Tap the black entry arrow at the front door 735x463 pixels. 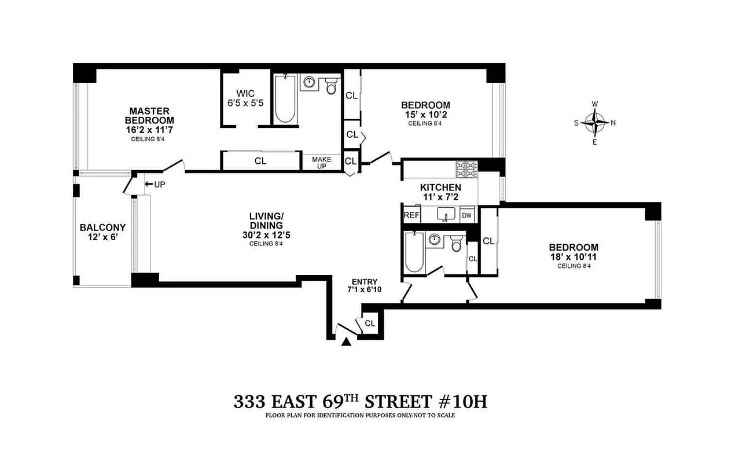tap(346, 343)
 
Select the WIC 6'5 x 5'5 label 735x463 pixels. tap(245, 98)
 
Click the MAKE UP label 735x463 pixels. tap(321, 162)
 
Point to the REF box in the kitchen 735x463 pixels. tap(411, 215)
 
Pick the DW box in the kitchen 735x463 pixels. tap(467, 215)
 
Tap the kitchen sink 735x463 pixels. tap(446, 215)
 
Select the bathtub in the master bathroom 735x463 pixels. tap(284, 99)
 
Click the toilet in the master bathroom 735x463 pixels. tap(331, 86)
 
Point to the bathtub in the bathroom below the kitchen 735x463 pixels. tap(414, 252)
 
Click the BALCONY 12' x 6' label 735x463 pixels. tap(102, 233)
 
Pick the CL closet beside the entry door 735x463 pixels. tap(370, 324)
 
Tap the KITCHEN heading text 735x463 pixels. tap(440, 188)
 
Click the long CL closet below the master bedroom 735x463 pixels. tap(260, 161)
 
